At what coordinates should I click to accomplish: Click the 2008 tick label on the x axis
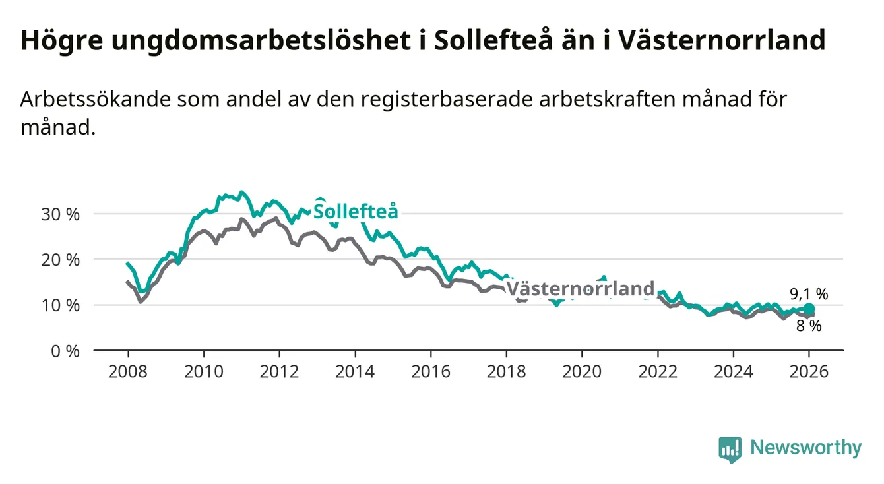point(128,371)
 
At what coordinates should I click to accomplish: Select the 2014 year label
point(355,371)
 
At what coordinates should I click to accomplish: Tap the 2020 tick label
point(582,371)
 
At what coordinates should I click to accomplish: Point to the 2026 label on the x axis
point(809,371)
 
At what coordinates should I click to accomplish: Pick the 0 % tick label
point(65,351)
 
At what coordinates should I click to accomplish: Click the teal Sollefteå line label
point(356,212)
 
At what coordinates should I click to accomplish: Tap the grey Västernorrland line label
point(580,289)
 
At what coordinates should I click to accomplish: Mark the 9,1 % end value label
point(809,294)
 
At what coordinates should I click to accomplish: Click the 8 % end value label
point(809,326)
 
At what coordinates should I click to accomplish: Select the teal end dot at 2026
point(809,309)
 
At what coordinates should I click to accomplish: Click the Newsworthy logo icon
point(730,450)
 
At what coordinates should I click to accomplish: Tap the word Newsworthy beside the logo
point(805,448)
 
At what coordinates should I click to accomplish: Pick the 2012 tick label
point(279,371)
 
